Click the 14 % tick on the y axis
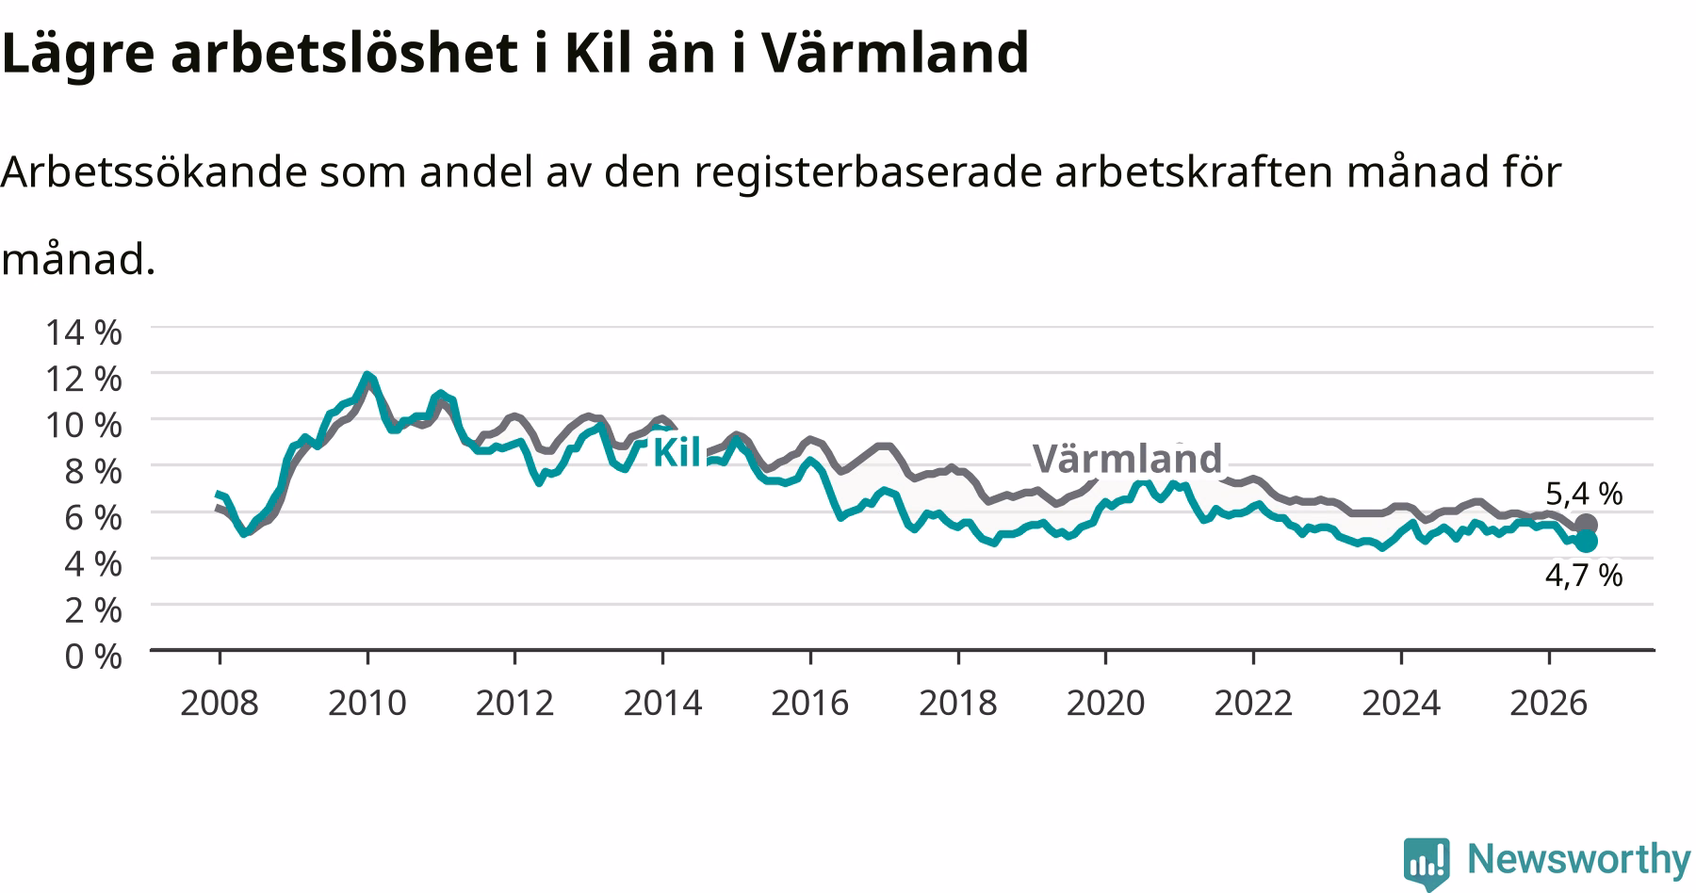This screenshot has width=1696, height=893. click(84, 332)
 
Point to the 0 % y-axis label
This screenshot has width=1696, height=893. click(93, 656)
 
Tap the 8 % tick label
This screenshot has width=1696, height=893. click(93, 470)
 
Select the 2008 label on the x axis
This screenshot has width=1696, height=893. click(220, 702)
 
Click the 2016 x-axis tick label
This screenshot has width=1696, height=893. click(810, 702)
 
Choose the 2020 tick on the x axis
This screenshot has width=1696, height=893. click(1105, 702)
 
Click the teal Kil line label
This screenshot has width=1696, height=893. click(677, 452)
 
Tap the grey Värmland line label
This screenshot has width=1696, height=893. click(1127, 459)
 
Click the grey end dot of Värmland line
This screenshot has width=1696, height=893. click(1586, 525)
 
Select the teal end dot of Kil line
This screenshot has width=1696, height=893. click(1586, 541)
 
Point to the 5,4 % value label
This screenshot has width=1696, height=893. click(1584, 493)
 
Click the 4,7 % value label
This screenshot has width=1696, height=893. click(1584, 575)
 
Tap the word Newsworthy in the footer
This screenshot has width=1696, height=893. click(1579, 859)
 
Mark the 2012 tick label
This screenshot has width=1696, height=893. click(514, 702)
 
